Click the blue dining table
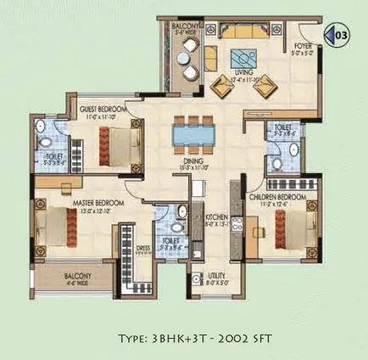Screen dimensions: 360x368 189,136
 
